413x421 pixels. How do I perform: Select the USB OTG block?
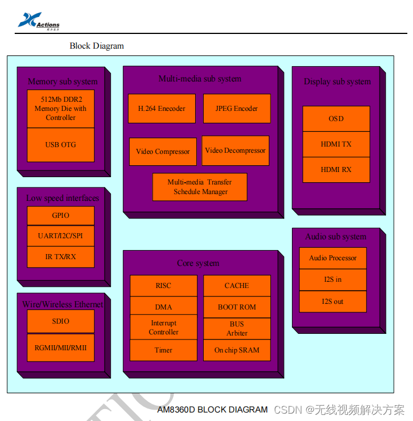[61, 145]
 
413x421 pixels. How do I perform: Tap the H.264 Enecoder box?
[162, 109]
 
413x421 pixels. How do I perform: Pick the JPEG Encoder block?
[236, 109]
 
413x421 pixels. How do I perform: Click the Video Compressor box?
[163, 152]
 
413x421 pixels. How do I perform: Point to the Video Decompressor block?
[235, 151]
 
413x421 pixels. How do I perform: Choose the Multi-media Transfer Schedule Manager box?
[200, 187]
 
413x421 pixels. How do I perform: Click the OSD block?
[336, 119]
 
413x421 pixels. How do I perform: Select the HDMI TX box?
[336, 144]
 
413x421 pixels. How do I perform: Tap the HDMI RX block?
[336, 170]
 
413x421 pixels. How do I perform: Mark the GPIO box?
[61, 216]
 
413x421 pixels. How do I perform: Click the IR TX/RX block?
[61, 257]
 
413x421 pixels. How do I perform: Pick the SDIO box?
[61, 321]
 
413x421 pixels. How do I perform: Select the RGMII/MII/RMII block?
[61, 347]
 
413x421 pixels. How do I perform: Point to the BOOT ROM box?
[237, 307]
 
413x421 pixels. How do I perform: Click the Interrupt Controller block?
[164, 328]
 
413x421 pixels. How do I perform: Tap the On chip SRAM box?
[237, 350]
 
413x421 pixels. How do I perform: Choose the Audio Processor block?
[333, 258]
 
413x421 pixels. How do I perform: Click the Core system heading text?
[198, 263]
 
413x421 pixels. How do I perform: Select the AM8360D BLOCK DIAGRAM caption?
[212, 410]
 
